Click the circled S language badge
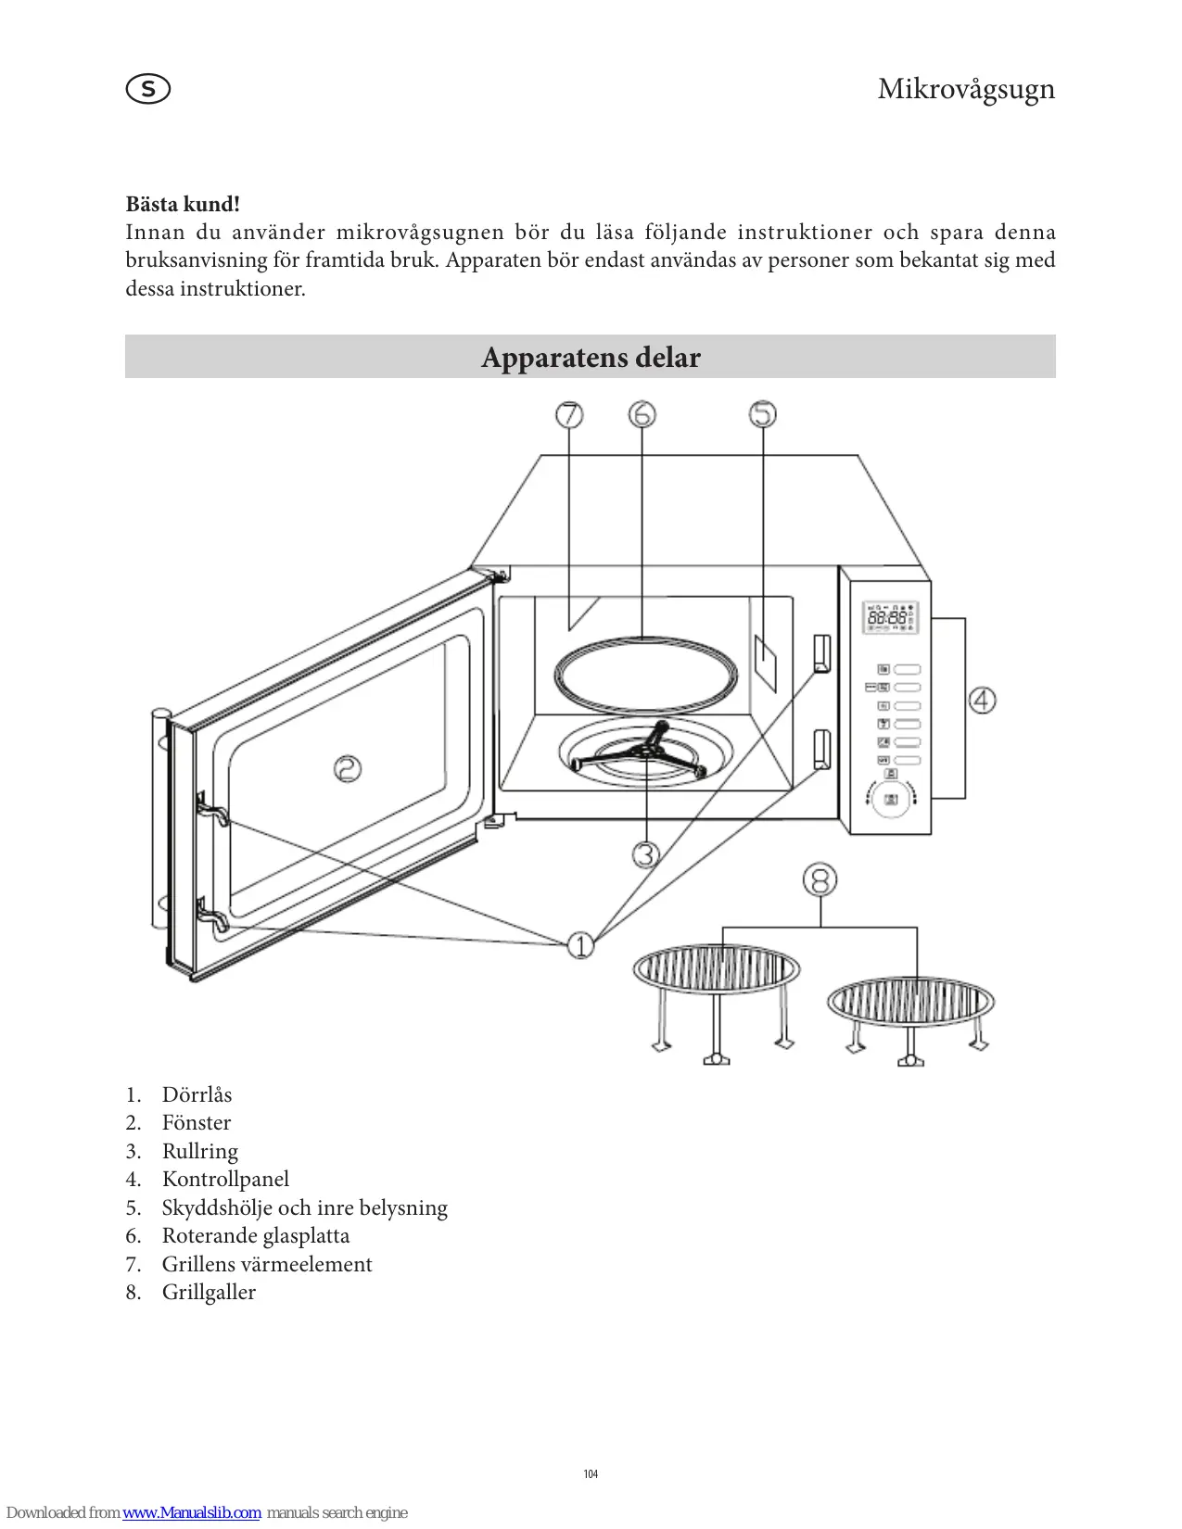(x=148, y=89)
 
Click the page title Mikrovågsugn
(x=965, y=89)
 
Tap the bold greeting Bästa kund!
(x=183, y=204)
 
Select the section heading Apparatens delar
(x=591, y=357)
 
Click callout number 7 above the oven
(x=569, y=414)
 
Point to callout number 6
(x=642, y=414)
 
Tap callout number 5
(x=763, y=414)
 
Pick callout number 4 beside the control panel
(x=983, y=700)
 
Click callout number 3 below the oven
(x=646, y=853)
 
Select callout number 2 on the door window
(x=348, y=768)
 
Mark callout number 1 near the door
(x=580, y=945)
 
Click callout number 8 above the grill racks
(x=820, y=879)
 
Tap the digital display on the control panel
(x=890, y=617)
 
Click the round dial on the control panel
(x=891, y=800)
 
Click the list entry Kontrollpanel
(x=225, y=1179)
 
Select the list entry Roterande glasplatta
(x=256, y=1235)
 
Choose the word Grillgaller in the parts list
(x=209, y=1292)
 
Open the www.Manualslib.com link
(x=192, y=1512)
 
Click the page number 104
(x=591, y=1474)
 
